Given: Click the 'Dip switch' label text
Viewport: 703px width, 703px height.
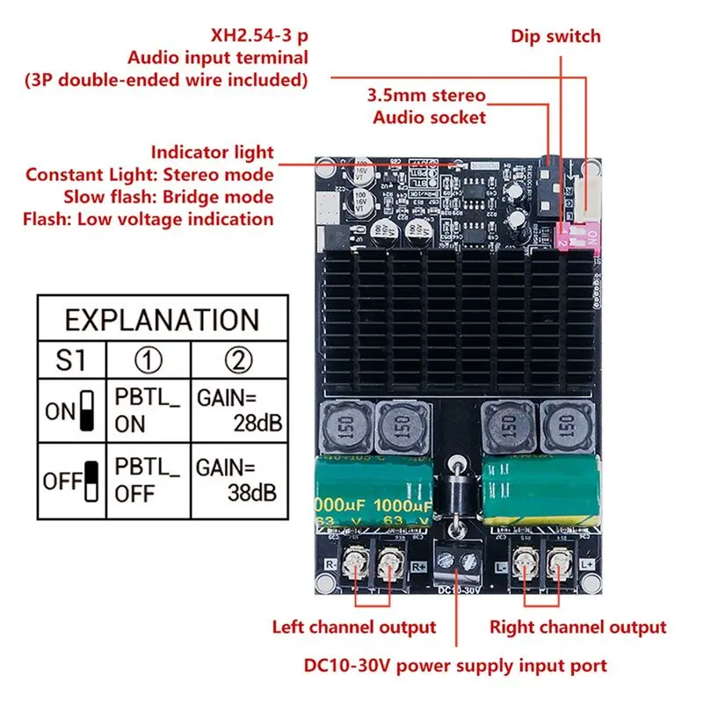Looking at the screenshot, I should (x=555, y=36).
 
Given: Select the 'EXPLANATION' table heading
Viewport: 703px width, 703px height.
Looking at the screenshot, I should (x=163, y=319).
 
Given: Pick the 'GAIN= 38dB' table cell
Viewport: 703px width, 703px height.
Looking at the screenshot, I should (x=238, y=481).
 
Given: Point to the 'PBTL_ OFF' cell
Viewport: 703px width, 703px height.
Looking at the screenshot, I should (x=147, y=481).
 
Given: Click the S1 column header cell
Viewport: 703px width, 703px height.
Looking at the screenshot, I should (x=70, y=360).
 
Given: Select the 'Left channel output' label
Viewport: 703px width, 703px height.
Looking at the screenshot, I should (x=353, y=627).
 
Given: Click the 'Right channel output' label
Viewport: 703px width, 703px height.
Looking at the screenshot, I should (x=577, y=627).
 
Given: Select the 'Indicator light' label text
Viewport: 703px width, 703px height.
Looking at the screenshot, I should (x=212, y=152).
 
